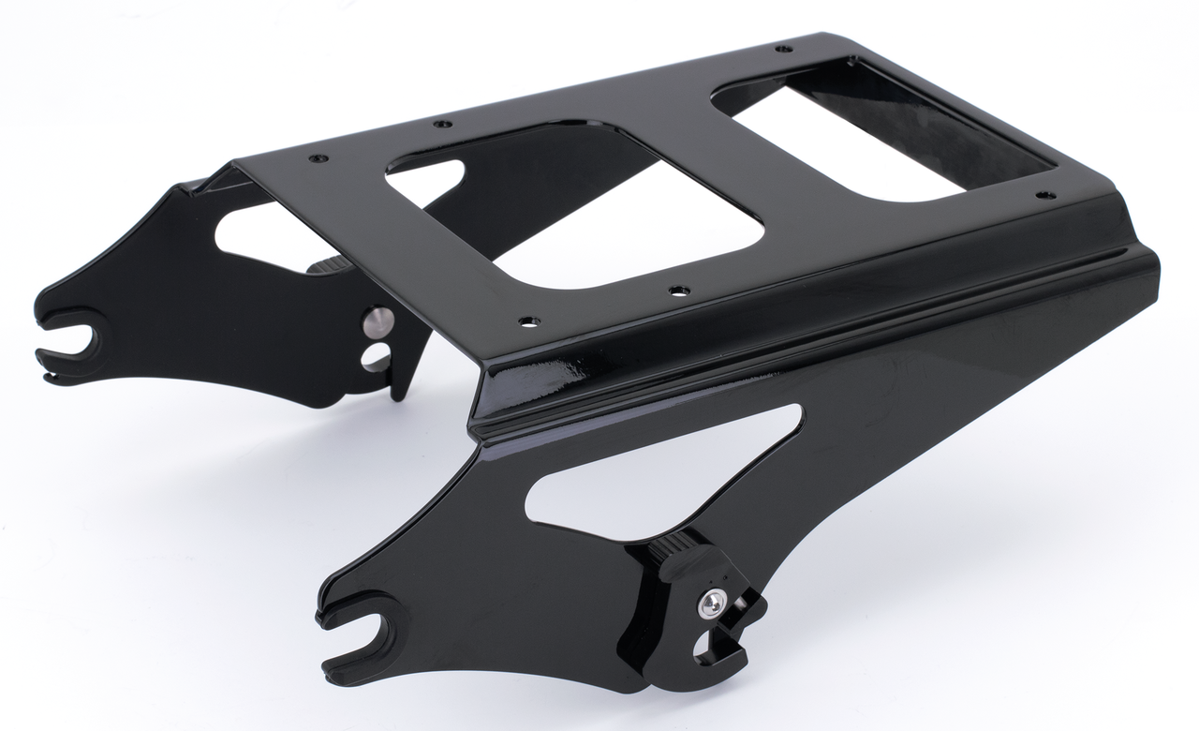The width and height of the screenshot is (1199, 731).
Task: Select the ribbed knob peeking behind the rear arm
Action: coord(325,264)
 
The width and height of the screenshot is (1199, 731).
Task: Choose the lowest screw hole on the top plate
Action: coord(525,322)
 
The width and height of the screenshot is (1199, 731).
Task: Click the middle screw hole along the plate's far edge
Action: coord(441,123)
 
